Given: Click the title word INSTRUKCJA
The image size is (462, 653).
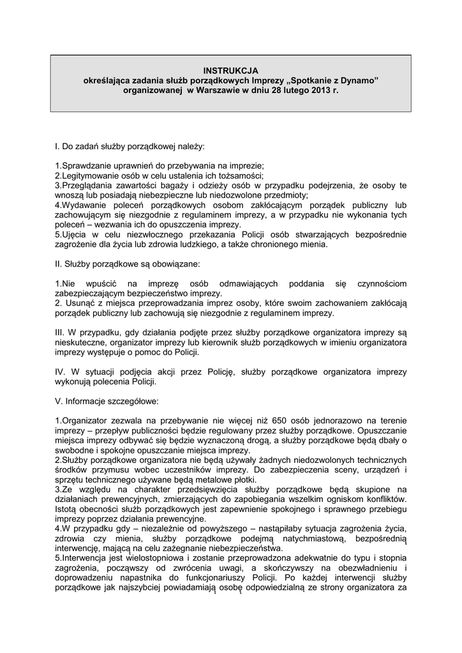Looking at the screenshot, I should tap(230, 71).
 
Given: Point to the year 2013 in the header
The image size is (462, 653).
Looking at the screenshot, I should tap(319, 91).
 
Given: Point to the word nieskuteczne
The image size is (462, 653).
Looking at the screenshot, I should tap(81, 342).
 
